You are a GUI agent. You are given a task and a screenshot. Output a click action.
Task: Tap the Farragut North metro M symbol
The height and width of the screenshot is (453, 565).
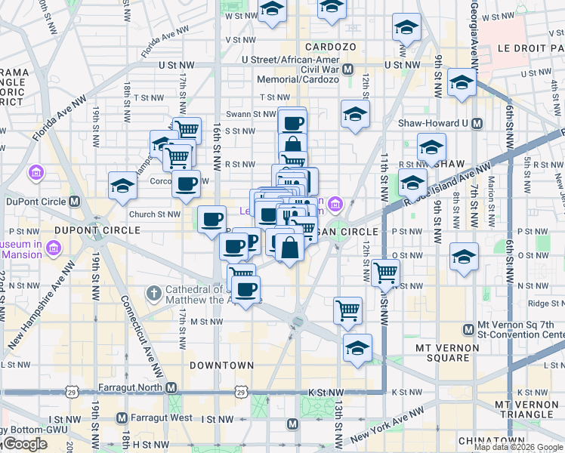171,387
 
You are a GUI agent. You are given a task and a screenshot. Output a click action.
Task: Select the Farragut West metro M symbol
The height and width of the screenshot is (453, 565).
122,418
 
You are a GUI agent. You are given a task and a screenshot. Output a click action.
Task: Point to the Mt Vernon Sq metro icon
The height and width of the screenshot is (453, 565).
469,329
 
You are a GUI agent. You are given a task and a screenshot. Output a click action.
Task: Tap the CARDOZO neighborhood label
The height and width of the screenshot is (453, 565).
330,47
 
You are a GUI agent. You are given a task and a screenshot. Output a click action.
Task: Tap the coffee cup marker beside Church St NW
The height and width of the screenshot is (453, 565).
212,220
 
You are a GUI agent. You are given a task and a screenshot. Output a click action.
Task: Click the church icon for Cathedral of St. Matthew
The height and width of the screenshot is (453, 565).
153,292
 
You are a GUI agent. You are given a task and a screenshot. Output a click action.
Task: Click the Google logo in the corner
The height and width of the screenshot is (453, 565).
24,444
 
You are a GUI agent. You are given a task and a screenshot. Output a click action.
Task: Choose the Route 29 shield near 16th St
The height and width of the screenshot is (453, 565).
239,392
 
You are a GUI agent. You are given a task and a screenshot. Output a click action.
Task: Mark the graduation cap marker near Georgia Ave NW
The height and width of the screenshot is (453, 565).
460,83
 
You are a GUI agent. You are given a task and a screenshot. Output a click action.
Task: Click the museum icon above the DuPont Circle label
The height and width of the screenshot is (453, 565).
36,174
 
